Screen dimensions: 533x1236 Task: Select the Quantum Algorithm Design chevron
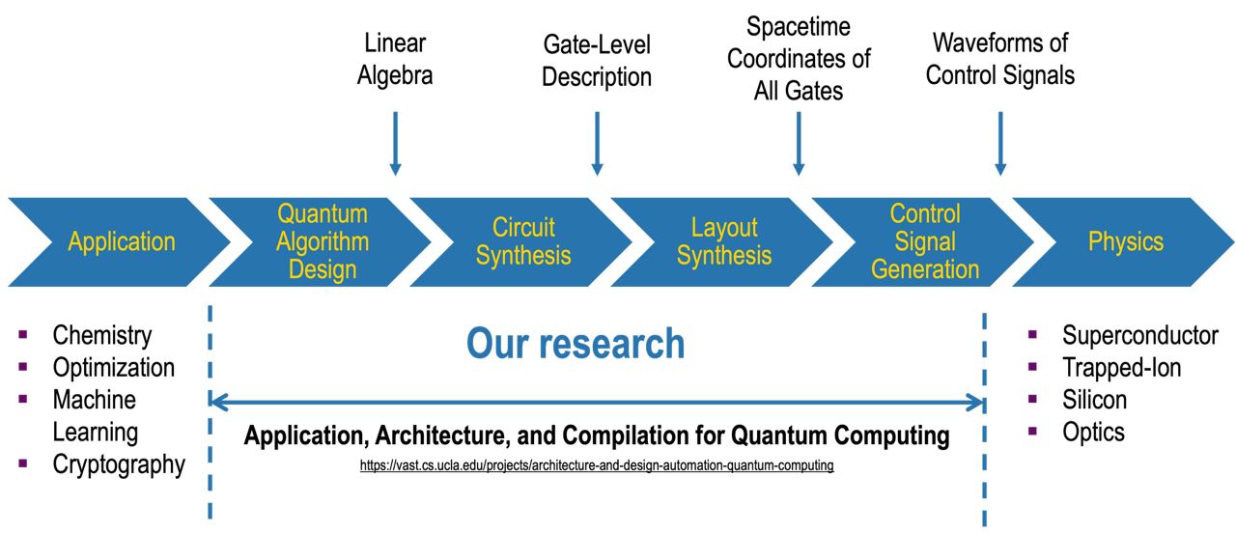pyautogui.click(x=323, y=241)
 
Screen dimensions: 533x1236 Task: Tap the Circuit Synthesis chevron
pyautogui.click(x=523, y=241)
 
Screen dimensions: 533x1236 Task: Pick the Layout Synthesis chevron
pyautogui.click(x=724, y=241)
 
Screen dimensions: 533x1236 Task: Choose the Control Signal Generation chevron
pyautogui.click(x=925, y=241)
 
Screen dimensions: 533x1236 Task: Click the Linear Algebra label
pyautogui.click(x=395, y=59)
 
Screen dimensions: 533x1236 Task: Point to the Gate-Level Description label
pyautogui.click(x=597, y=60)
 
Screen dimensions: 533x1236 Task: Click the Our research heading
pyautogui.click(x=576, y=344)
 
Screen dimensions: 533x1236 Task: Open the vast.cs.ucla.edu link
pyautogui.click(x=597, y=465)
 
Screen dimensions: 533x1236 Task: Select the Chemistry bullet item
pyautogui.click(x=102, y=335)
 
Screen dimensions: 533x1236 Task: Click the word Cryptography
pyautogui.click(x=119, y=464)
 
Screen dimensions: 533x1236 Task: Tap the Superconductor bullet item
pyautogui.click(x=1140, y=335)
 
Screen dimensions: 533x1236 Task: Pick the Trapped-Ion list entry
pyautogui.click(x=1121, y=367)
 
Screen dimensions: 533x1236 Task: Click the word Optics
pyautogui.click(x=1093, y=432)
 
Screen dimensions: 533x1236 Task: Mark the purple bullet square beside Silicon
pyautogui.click(x=1032, y=399)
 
